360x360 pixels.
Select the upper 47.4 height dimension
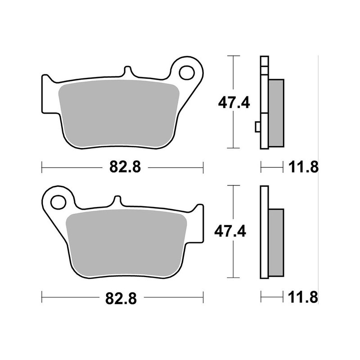coord(234,103)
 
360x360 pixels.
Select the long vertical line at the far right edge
coord(319,180)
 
